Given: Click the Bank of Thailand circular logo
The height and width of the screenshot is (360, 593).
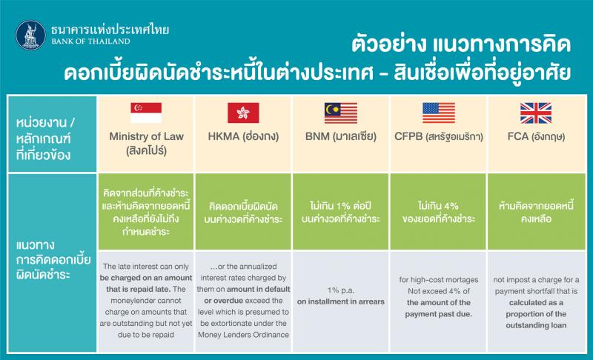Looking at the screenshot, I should click(30, 36).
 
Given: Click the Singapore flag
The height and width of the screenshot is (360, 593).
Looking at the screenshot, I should click(146, 113).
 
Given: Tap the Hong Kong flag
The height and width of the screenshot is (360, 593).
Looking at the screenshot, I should click(243, 113).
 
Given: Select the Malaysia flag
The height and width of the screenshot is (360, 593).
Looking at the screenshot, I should click(341, 113).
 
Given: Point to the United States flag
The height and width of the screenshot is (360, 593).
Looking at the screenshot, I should click(439, 113).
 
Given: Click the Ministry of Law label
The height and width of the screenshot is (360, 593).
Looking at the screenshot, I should click(146, 137).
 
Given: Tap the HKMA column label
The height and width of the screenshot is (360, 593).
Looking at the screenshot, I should click(243, 137).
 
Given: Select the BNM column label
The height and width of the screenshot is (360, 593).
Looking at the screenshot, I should click(341, 137).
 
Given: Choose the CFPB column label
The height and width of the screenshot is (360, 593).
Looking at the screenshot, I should click(439, 137).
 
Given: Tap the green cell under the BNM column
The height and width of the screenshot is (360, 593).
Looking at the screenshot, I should click(341, 212).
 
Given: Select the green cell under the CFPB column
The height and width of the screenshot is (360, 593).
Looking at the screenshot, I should click(439, 212).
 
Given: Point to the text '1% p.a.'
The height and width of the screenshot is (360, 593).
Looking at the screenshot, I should click(341, 290).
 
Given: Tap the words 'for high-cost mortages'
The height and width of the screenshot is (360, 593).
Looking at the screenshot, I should click(439, 279).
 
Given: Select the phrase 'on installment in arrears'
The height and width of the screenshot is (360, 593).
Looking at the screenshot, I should click(341, 301).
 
